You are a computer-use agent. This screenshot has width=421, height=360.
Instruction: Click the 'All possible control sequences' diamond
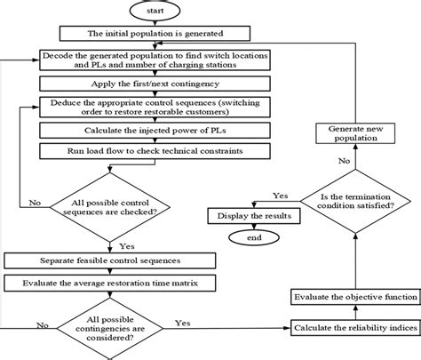coord(108,207)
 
